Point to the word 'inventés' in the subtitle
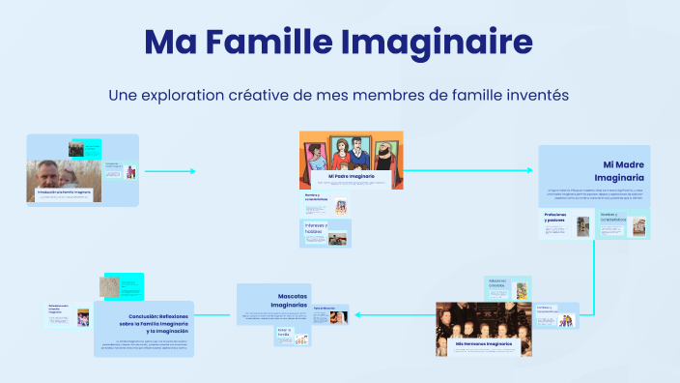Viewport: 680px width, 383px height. pos(531,96)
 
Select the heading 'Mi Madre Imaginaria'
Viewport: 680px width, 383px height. pos(618,171)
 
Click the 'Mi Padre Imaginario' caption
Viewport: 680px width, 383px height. pos(351,177)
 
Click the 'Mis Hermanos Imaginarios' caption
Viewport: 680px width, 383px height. pos(483,343)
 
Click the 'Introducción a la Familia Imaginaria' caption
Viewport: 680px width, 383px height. pos(64,193)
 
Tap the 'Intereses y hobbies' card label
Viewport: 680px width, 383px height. pos(316,229)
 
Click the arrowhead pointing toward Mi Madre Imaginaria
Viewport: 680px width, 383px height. pos(528,170)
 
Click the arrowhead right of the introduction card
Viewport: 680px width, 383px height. pos(192,171)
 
